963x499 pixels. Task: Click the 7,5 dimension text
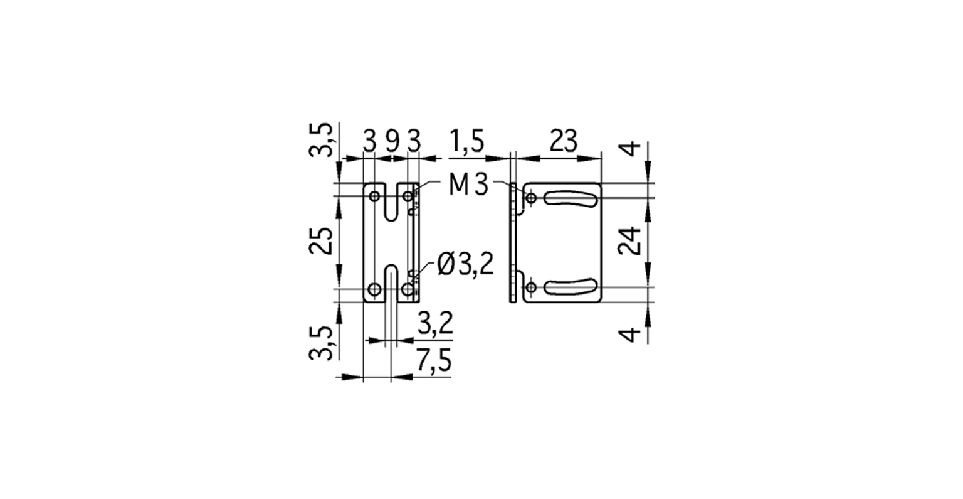[434, 363]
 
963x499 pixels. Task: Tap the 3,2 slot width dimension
[434, 326]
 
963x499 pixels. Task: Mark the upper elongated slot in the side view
[569, 199]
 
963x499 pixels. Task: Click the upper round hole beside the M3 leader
[531, 199]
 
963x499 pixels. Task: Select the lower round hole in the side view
[531, 288]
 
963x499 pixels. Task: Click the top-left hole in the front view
[374, 196]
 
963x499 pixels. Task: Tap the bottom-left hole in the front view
[374, 289]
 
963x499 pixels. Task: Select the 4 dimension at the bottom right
[633, 333]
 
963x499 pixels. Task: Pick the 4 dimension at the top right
[633, 149]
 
